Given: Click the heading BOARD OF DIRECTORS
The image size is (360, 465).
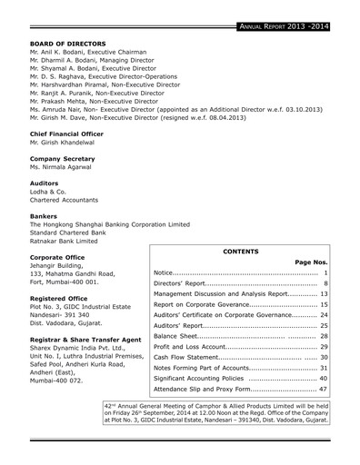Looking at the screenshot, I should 68,44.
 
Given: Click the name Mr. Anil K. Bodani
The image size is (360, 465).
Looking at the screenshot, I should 62,54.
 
